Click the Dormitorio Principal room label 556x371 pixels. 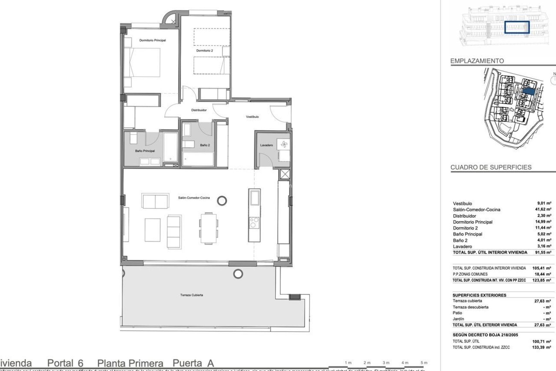[x=152, y=40]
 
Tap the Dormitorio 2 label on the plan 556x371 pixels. [x=204, y=50]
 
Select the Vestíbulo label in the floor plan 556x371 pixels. [x=252, y=117]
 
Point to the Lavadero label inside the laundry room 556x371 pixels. [x=266, y=145]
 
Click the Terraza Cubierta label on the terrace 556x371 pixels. [x=191, y=295]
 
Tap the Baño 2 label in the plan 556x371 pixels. [x=205, y=145]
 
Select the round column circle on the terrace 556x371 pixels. [x=238, y=273]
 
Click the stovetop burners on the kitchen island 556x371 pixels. [x=254, y=223]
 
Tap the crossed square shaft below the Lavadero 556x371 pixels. [x=285, y=174]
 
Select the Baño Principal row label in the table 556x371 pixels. [x=467, y=234]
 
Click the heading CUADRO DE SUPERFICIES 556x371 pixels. [x=491, y=167]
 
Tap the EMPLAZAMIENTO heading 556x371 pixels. [x=477, y=61]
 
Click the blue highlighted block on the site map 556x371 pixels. [x=528, y=91]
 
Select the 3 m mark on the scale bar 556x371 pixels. [x=386, y=363]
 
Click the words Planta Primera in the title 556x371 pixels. [x=130, y=363]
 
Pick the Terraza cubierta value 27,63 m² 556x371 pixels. [x=542, y=301]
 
